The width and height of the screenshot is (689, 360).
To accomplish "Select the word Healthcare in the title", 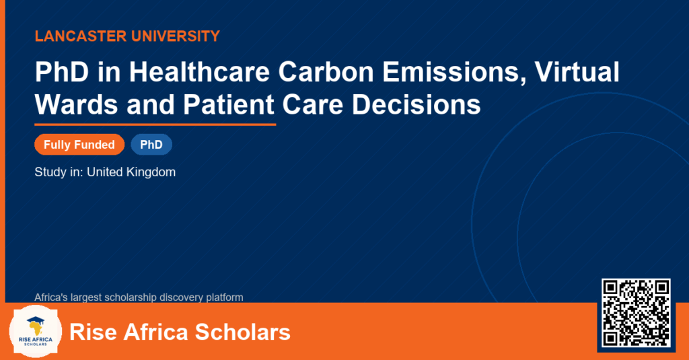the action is click(x=199, y=71).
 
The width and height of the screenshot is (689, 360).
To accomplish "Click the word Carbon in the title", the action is click(x=326, y=71).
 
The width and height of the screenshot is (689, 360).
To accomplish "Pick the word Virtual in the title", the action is click(x=577, y=71).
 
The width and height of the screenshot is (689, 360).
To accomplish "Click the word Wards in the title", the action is click(x=77, y=104).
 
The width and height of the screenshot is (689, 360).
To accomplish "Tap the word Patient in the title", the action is click(x=229, y=104).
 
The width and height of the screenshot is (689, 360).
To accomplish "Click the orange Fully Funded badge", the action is click(x=79, y=145).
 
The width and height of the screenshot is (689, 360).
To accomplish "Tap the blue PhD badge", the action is click(x=151, y=145).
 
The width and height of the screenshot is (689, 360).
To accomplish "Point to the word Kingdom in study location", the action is click(x=151, y=172).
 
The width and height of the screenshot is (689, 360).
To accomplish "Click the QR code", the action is click(x=636, y=313).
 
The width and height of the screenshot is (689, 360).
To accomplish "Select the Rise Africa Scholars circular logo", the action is click(x=36, y=332).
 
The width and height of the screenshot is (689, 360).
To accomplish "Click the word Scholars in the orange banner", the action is click(x=242, y=332).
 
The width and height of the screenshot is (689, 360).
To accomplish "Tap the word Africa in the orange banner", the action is click(x=155, y=332).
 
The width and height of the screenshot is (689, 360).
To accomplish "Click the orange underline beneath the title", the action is click(x=155, y=125).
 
